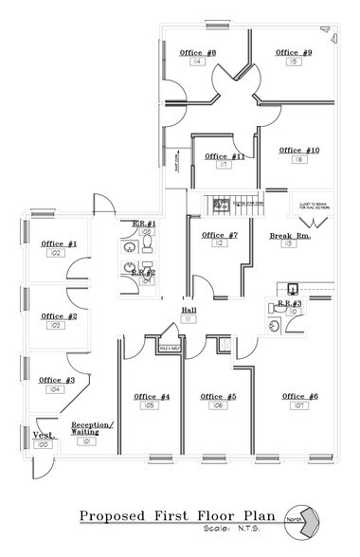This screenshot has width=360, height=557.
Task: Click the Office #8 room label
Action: click(198, 52)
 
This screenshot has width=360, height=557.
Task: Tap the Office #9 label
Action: click(294, 52)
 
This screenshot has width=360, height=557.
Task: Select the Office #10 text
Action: click(299, 151)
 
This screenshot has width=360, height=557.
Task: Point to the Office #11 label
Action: click(225, 155)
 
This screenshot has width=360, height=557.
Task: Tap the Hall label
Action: click(189, 310)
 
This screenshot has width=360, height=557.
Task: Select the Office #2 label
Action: click(59, 315)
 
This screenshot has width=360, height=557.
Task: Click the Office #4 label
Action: click(152, 396)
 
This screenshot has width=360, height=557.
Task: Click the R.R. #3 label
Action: click(290, 302)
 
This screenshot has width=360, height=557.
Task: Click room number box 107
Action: click(299, 405)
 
